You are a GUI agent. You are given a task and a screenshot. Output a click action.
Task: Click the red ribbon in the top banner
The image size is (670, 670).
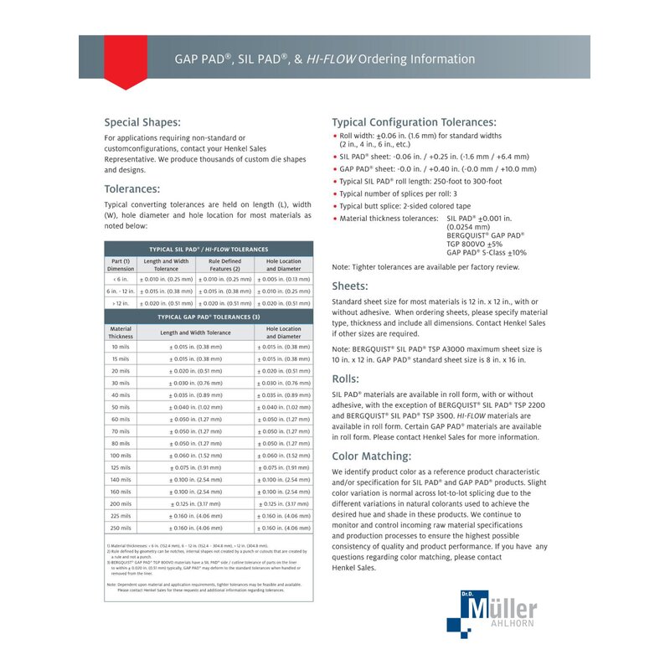(125, 61)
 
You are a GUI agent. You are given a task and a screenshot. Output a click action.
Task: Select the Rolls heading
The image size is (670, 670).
(345, 379)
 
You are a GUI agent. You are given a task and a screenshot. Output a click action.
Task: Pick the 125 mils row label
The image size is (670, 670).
(121, 467)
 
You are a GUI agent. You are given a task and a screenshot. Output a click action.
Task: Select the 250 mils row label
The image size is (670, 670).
(121, 528)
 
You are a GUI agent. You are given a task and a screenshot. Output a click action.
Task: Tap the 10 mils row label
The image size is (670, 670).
(121, 346)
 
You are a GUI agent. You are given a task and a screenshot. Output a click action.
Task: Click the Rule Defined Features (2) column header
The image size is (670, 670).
(224, 265)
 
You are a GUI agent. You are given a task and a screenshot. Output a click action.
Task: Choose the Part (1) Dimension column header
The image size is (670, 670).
(121, 265)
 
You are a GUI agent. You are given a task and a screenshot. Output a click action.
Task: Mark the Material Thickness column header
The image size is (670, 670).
(121, 332)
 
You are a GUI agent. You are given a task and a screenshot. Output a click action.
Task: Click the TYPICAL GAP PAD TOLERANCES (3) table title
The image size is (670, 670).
(209, 317)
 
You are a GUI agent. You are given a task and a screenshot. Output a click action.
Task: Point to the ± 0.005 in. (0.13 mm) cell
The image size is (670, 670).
(283, 279)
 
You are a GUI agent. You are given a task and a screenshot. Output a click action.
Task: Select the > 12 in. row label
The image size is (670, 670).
(121, 303)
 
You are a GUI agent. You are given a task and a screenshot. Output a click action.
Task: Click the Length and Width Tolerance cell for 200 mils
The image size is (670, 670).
(195, 504)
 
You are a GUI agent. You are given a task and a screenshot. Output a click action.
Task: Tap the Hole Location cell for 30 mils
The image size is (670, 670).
(283, 382)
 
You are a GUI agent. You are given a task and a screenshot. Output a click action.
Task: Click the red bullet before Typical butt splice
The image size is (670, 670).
(335, 205)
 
